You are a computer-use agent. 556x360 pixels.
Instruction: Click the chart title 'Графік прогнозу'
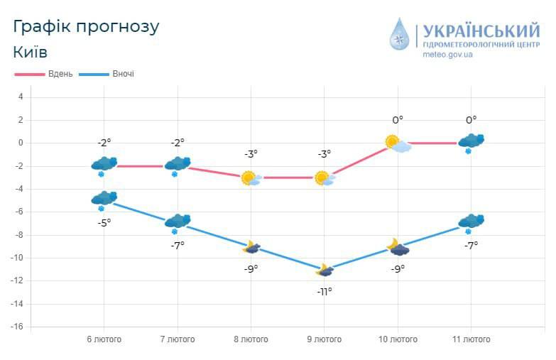86,27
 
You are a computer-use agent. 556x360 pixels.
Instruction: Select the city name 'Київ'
31,53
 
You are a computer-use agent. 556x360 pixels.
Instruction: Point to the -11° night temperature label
325,291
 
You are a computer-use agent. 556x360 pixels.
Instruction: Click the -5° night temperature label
104,222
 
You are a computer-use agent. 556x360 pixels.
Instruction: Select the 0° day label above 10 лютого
398,120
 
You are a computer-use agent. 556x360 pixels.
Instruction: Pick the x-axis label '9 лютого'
325,339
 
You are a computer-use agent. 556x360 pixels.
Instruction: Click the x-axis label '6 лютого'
104,339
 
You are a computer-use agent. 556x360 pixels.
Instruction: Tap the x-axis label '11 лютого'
471,339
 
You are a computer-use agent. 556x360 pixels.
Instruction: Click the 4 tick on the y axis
21,97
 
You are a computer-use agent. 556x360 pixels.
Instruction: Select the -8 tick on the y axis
20,235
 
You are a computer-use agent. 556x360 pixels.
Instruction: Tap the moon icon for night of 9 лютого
325,270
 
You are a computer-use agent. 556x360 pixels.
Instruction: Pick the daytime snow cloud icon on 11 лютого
471,142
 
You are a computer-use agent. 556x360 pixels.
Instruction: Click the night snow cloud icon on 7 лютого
178,222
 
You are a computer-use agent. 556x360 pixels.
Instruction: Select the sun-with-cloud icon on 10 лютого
397,143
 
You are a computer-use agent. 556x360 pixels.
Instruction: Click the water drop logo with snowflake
400,34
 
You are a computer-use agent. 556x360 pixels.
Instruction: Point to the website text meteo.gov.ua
447,55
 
